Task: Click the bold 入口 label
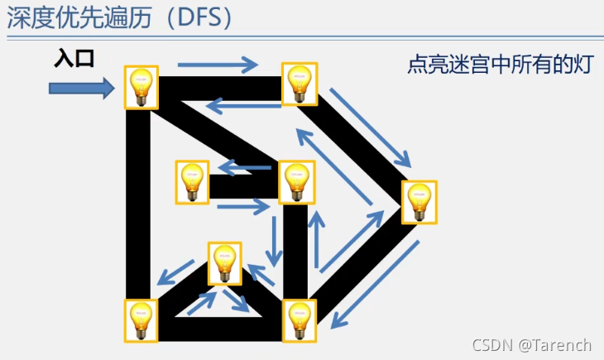pos(74,58)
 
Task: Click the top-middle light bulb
pos(299,84)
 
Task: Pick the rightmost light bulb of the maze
pos(419,201)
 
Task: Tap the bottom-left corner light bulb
pos(141,320)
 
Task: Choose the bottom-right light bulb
pos(300,320)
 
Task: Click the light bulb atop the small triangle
pos(224,263)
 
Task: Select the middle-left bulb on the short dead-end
pos(192,182)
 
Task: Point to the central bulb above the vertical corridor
pos(296,182)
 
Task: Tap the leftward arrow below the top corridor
pos(235,105)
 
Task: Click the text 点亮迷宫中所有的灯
pos(500,65)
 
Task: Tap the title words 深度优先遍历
pos(79,18)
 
